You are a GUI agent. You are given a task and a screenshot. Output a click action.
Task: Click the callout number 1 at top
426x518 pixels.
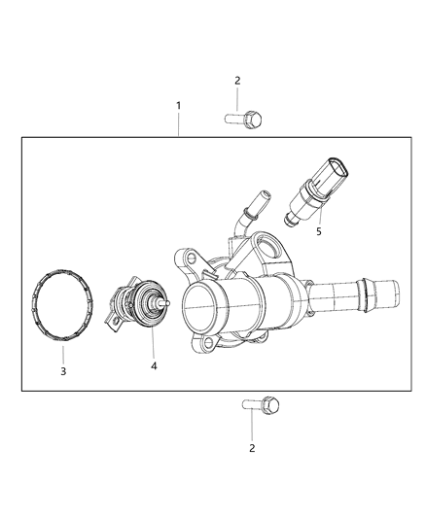pos(177,103)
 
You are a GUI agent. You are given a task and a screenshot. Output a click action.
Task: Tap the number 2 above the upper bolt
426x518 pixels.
pos(237,81)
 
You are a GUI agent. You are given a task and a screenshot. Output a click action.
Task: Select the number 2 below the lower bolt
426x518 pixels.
pos(252,448)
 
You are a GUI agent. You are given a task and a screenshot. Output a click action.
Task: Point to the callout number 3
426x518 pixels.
pos(63,371)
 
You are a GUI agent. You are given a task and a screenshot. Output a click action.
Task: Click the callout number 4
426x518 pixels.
pos(154,366)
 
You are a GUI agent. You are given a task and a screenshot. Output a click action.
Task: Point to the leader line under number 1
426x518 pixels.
pos(177,123)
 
